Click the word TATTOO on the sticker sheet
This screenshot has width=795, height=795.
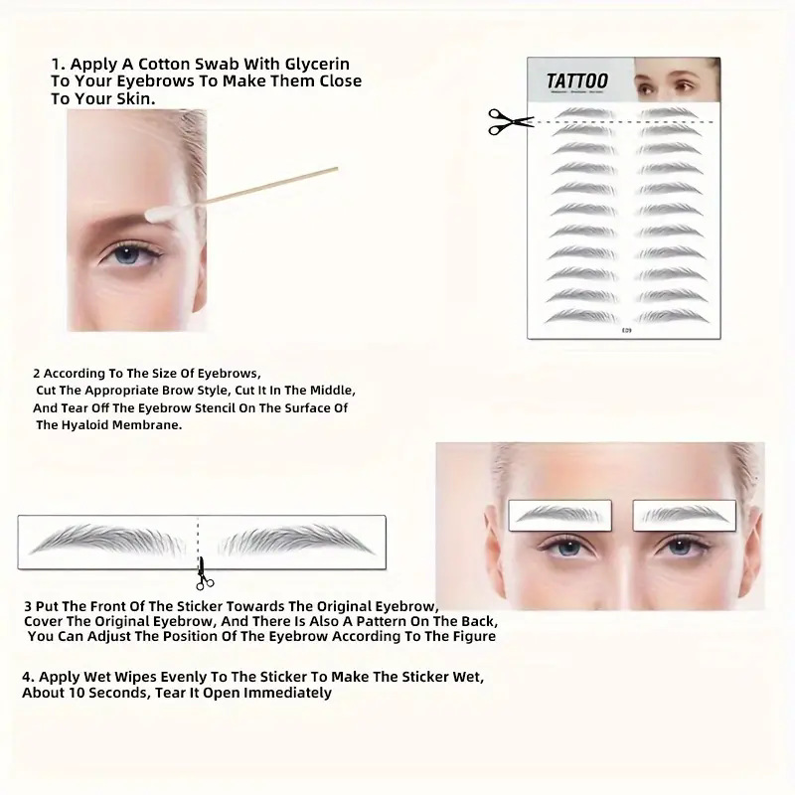tap(577, 81)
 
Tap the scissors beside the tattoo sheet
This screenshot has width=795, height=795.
tap(510, 121)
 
